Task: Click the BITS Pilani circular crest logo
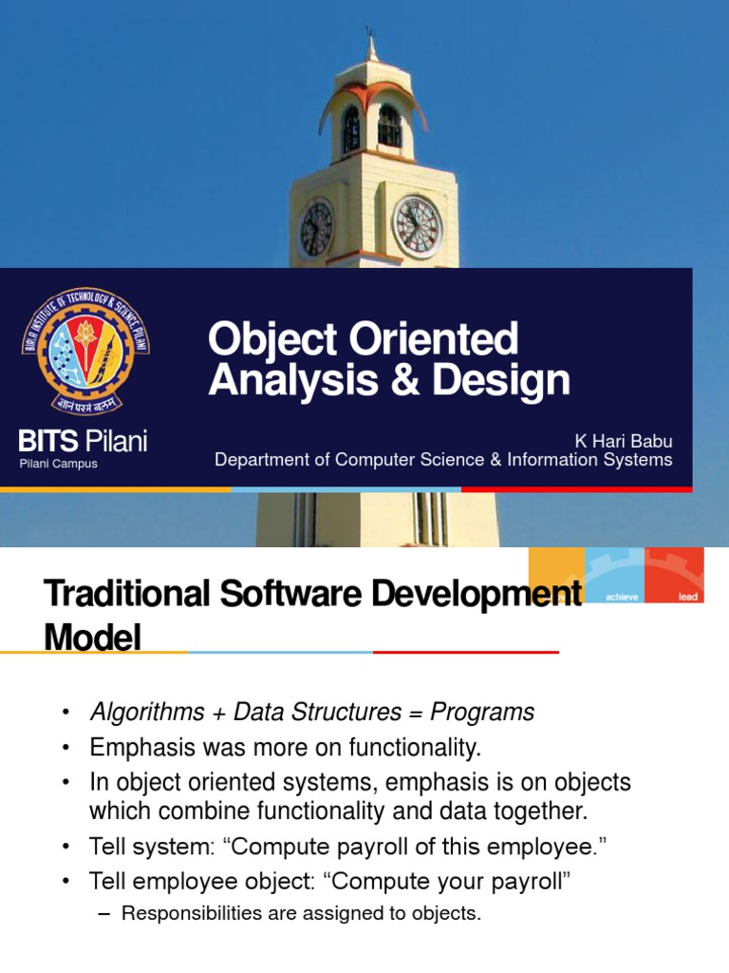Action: coord(84,349)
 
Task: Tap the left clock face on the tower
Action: coord(316,228)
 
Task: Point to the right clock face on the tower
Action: coord(417,226)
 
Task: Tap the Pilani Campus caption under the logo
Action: coord(59,464)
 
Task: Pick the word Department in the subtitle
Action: coord(262,460)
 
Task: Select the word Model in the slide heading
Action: coord(92,636)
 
